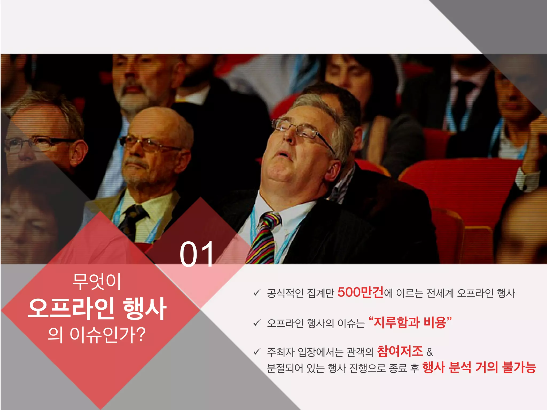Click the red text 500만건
click(x=360, y=292)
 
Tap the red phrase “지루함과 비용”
click(x=410, y=322)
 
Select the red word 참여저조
click(x=400, y=351)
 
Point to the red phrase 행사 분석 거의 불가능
click(x=479, y=368)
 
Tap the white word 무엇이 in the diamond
click(x=97, y=281)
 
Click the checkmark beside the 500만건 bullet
click(x=257, y=293)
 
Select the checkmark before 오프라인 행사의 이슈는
click(x=257, y=323)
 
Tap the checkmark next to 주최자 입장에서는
click(x=257, y=352)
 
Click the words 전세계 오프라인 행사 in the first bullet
click(x=470, y=293)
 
